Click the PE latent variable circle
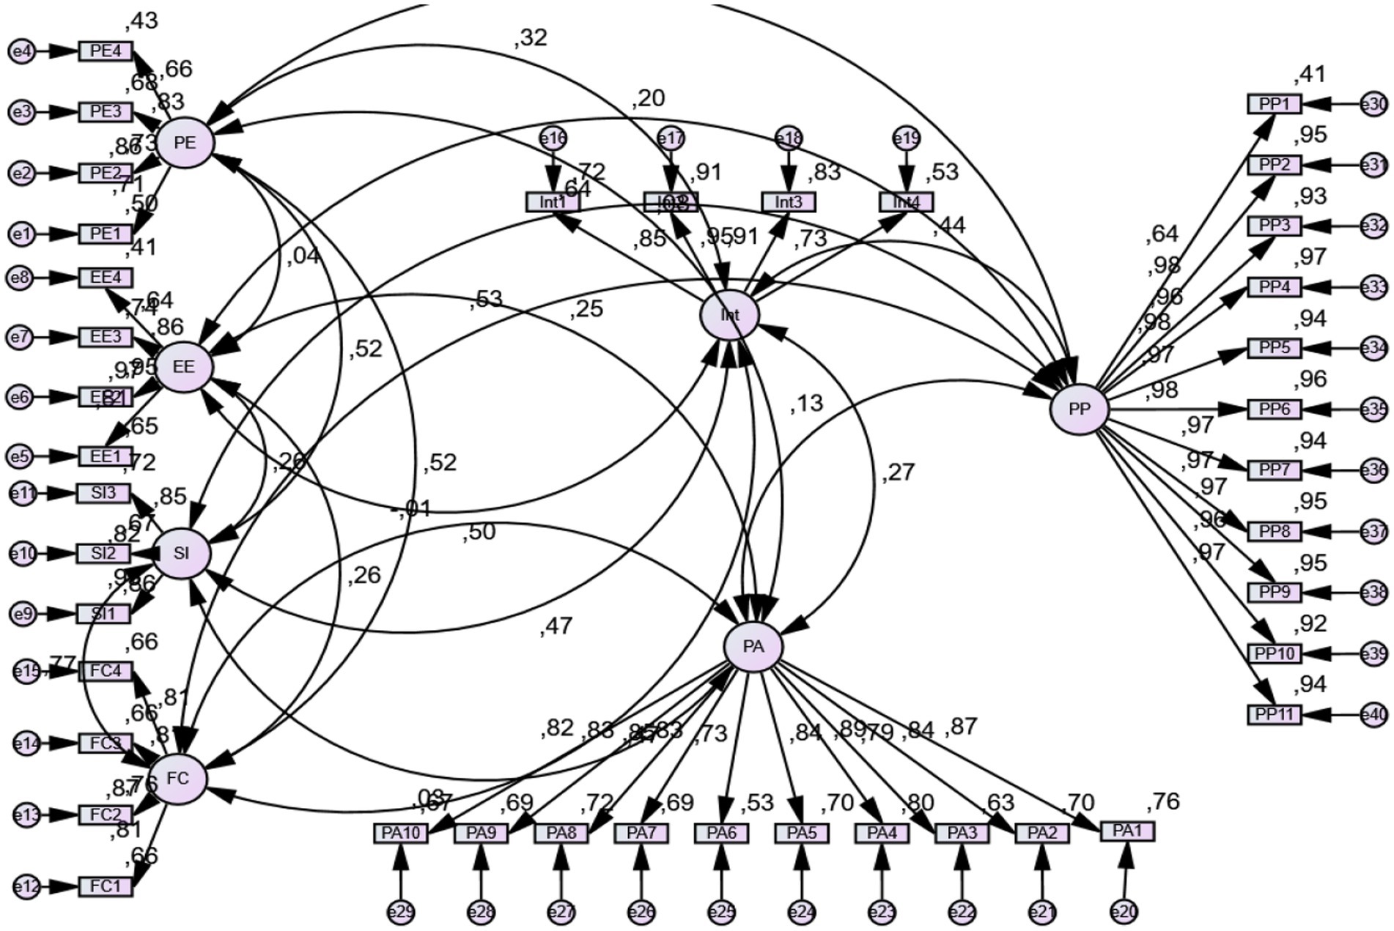coord(185,144)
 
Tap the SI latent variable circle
coord(181,553)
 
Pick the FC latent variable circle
coord(177,778)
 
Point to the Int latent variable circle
coord(729,316)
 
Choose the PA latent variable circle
coord(753,647)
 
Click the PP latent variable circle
coord(1079,409)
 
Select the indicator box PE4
coord(106,51)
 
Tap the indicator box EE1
coord(106,456)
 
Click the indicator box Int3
coord(788,201)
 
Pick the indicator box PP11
coord(1275,713)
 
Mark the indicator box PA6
coord(721,833)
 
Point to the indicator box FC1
coord(106,886)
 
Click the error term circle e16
coord(553,138)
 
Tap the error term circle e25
coord(721,912)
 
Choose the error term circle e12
coord(26,886)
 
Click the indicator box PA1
coord(1127,831)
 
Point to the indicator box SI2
coord(103,553)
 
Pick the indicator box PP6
coord(1275,409)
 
